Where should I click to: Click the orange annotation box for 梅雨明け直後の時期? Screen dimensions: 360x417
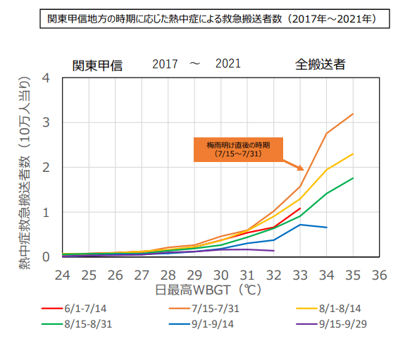pyautogui.click(x=239, y=149)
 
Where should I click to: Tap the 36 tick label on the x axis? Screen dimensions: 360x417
pyautogui.click(x=379, y=274)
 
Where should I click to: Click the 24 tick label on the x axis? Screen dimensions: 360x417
pyautogui.click(x=62, y=274)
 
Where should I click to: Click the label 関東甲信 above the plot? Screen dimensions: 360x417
pyautogui.click(x=97, y=66)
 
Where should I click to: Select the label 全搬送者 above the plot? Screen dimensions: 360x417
pyautogui.click(x=320, y=65)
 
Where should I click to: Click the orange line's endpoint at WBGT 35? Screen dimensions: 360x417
pyautogui.click(x=353, y=114)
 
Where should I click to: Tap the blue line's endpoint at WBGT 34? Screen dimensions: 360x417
pyautogui.click(x=326, y=228)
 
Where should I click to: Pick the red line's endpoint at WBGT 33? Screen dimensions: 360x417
pyautogui.click(x=300, y=209)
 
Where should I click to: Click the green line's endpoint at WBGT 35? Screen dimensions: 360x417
pyautogui.click(x=353, y=178)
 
